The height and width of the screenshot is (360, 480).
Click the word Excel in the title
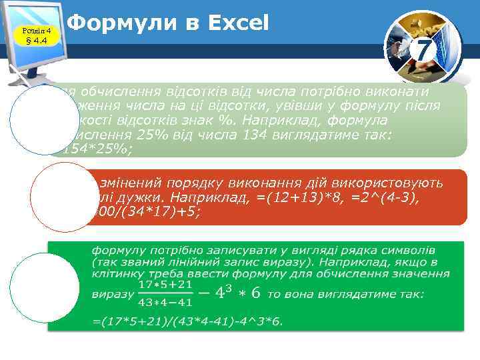click(x=238, y=24)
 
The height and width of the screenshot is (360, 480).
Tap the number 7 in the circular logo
click(x=422, y=48)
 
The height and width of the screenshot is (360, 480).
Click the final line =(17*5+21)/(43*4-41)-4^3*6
click(x=187, y=322)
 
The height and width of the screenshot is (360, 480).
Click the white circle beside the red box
click(x=55, y=194)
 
